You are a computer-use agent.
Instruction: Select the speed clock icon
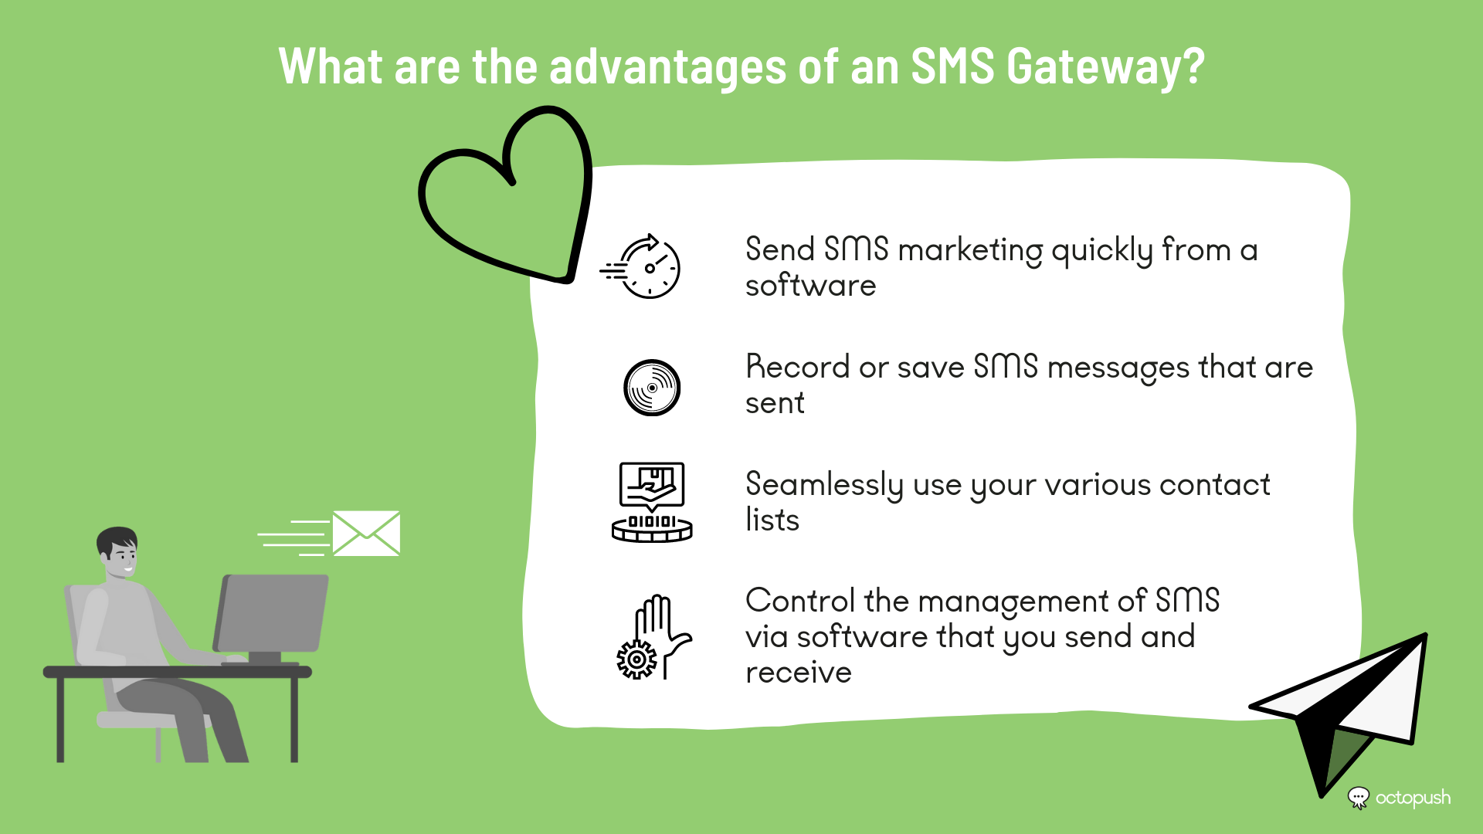tap(640, 266)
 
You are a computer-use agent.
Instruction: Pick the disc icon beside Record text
tap(652, 388)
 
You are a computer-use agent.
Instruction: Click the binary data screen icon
tap(652, 502)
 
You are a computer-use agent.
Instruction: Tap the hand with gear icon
tap(653, 637)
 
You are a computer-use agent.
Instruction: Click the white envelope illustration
tap(366, 533)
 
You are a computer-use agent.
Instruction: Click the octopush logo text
tap(1413, 798)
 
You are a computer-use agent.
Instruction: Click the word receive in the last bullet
tap(799, 673)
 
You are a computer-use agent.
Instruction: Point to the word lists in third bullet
tap(772, 520)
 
